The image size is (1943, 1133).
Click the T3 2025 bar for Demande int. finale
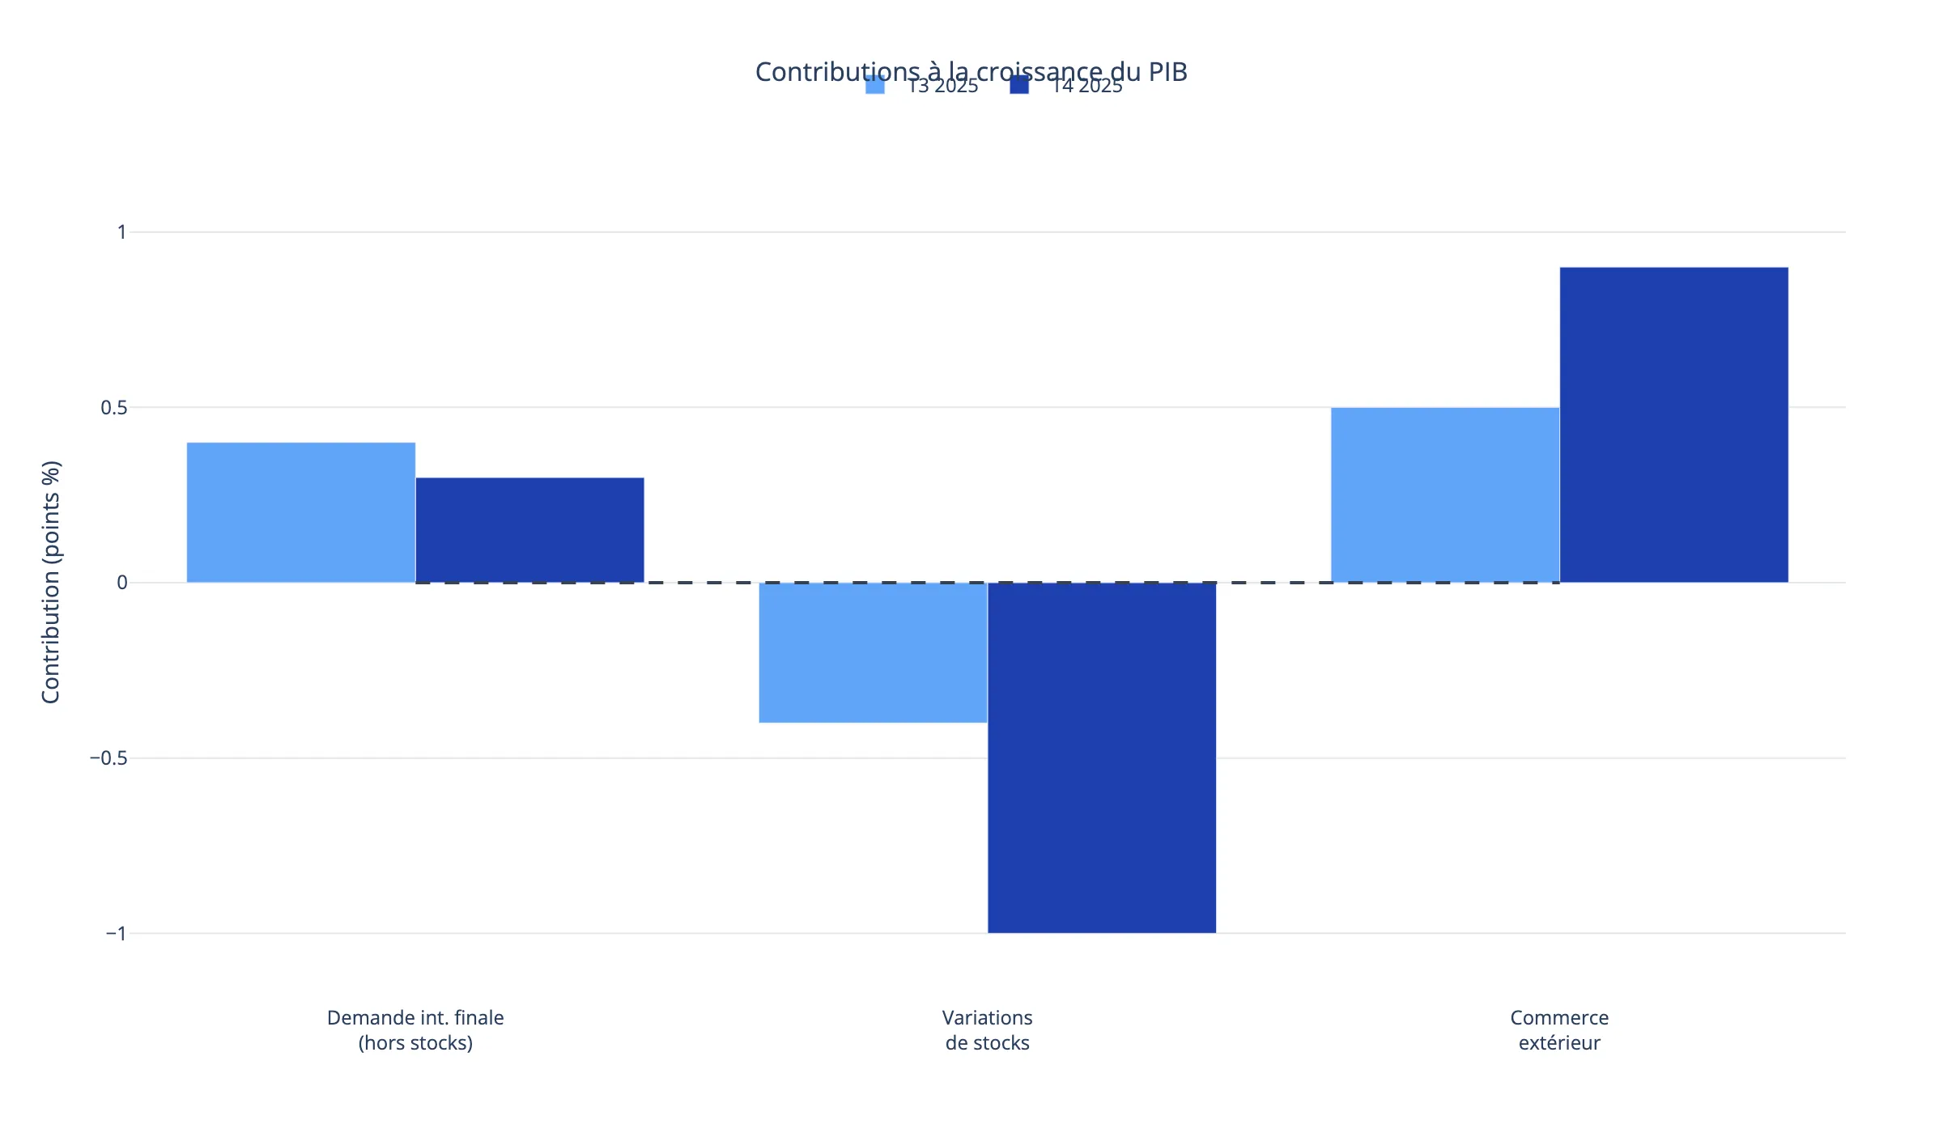point(301,512)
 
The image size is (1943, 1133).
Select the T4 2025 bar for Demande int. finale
point(529,530)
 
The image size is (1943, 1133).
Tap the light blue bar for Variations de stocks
point(873,652)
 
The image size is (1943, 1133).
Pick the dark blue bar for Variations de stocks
point(1101,757)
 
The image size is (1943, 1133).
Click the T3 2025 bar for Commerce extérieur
point(1445,494)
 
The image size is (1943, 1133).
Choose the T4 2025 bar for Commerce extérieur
point(1673,425)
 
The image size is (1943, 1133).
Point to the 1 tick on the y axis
point(122,232)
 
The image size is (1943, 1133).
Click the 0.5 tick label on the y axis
point(114,408)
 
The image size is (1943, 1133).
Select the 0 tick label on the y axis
point(122,583)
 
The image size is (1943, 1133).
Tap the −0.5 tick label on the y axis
point(108,758)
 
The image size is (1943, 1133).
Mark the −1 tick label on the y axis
point(116,934)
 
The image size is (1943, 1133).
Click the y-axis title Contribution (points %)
point(51,583)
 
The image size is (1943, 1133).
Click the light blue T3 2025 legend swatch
point(875,85)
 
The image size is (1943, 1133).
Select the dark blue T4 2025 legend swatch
point(1019,85)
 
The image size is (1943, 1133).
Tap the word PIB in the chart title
point(1167,72)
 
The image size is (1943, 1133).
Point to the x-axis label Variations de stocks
point(987,1030)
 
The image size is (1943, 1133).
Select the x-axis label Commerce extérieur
point(1559,1030)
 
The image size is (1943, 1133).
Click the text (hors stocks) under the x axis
point(415,1043)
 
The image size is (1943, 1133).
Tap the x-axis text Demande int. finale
point(415,1018)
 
